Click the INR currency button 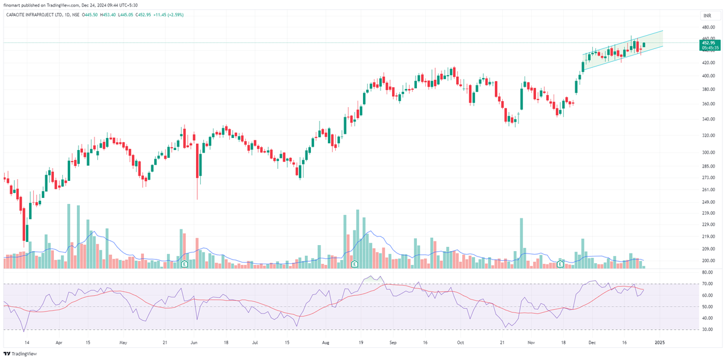(x=706, y=15)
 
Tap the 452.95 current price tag (x=708, y=43)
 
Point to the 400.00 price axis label (x=708, y=76)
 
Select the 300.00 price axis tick (x=708, y=152)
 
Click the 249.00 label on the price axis (x=708, y=201)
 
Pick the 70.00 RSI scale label (x=708, y=283)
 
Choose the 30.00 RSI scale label (x=708, y=329)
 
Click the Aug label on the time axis (x=325, y=342)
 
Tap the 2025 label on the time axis (x=659, y=342)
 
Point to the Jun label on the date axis (x=194, y=342)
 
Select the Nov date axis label (x=531, y=342)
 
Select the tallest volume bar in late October (x=521, y=243)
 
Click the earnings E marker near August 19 (x=355, y=264)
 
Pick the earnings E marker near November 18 (x=560, y=264)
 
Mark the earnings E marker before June (x=185, y=264)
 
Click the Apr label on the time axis (x=59, y=342)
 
